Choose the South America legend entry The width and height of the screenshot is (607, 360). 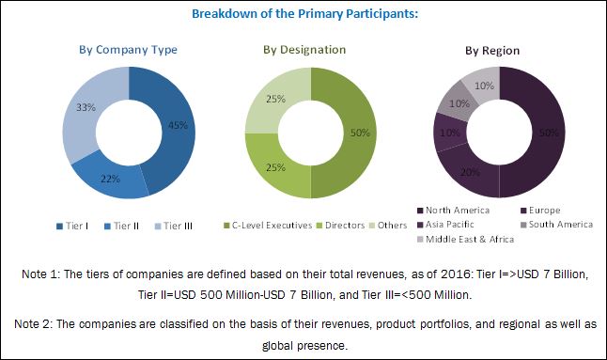558,225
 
